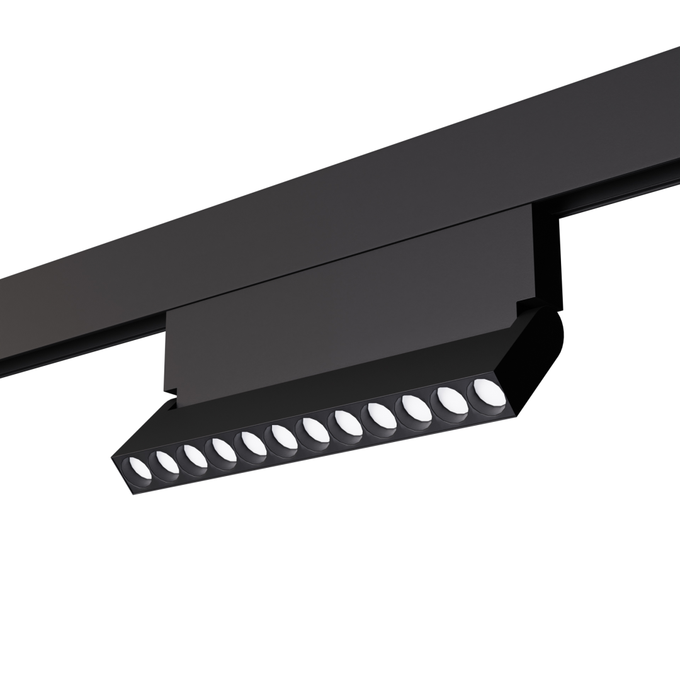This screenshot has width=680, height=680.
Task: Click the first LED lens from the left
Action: point(139,470)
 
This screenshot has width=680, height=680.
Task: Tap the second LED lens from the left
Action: point(166,463)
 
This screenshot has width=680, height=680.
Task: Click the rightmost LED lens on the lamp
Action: point(489,392)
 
